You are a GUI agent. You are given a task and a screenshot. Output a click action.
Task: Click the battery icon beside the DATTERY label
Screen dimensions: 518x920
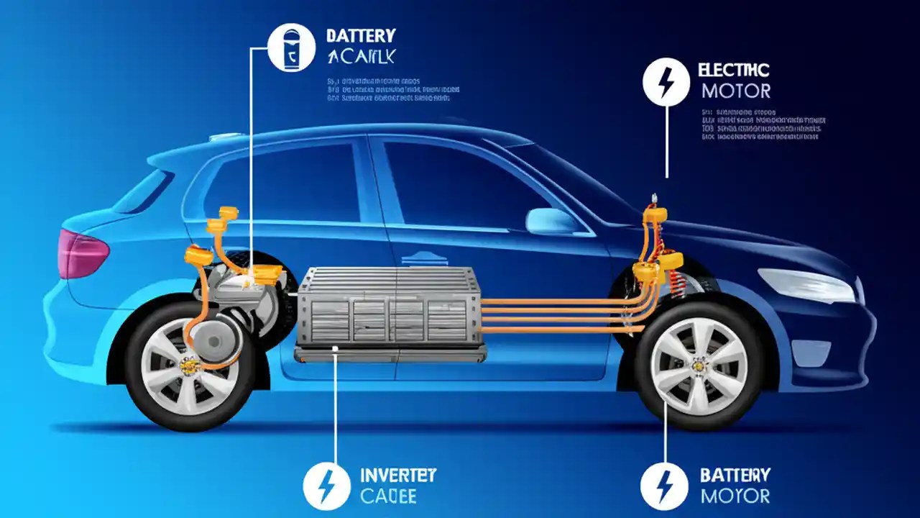pyautogui.click(x=291, y=47)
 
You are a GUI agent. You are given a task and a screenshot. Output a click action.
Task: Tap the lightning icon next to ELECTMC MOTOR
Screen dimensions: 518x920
pyautogui.click(x=666, y=82)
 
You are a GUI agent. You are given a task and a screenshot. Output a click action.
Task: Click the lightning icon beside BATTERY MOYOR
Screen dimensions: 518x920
pyautogui.click(x=664, y=486)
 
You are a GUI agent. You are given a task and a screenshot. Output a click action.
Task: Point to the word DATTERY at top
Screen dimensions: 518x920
pyautogui.click(x=360, y=35)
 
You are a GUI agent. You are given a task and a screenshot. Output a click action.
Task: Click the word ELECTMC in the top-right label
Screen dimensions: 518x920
pyautogui.click(x=733, y=71)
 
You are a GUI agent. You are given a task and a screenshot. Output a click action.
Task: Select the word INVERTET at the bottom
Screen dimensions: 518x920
pyautogui.click(x=397, y=476)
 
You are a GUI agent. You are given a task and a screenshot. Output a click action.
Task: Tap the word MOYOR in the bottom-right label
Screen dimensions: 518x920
pyautogui.click(x=735, y=496)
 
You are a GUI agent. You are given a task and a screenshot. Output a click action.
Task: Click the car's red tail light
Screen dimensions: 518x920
pyautogui.click(x=80, y=253)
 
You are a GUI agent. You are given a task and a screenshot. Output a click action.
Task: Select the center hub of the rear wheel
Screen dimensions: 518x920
pyautogui.click(x=190, y=367)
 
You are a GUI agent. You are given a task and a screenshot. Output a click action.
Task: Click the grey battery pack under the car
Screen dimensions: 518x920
pyautogui.click(x=389, y=309)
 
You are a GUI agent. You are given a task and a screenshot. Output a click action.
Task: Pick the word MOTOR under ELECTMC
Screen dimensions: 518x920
pyautogui.click(x=735, y=91)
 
